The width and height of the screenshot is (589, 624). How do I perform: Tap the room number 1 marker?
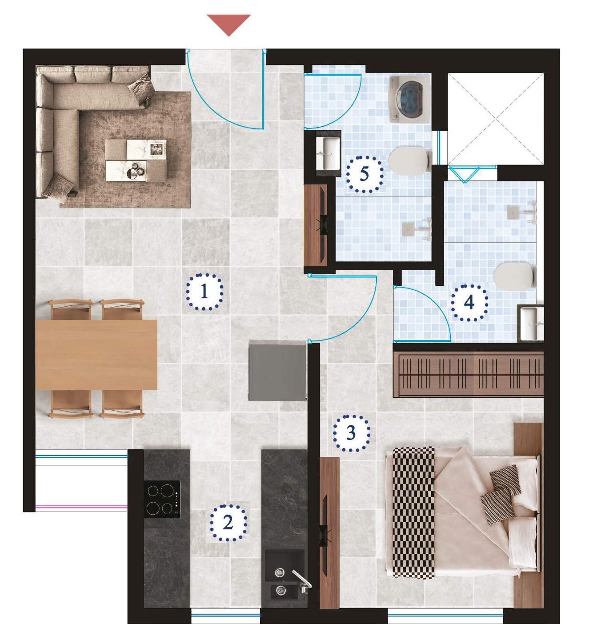click(x=204, y=292)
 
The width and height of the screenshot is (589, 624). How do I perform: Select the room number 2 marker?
click(x=228, y=523)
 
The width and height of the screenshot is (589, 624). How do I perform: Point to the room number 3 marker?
click(x=351, y=433)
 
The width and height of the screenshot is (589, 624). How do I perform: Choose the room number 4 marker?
click(x=469, y=303)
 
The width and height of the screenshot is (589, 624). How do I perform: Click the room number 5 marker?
click(x=365, y=174)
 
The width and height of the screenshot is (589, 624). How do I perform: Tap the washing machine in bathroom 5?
click(x=409, y=99)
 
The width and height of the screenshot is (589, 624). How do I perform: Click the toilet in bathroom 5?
click(x=410, y=160)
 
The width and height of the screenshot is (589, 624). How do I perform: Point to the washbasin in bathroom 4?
click(x=532, y=324)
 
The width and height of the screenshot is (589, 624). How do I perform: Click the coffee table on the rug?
click(x=136, y=160)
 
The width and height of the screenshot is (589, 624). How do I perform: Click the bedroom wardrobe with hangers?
click(x=468, y=374)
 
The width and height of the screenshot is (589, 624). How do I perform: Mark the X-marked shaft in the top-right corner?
click(x=495, y=119)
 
